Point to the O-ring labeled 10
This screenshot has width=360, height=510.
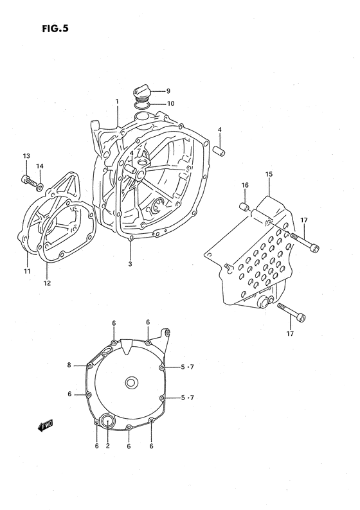coord(143,104)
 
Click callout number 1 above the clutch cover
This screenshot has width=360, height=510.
coord(117,101)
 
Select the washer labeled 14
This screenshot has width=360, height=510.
coord(40,187)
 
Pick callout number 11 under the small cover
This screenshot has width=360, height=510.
coord(28,271)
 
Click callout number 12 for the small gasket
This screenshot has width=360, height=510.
coord(46,283)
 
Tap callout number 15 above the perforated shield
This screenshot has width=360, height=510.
coord(269,174)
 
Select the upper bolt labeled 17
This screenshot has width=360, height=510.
coord(303,242)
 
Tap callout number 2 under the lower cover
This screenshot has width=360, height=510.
coord(107,446)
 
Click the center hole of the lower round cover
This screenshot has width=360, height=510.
coord(131,383)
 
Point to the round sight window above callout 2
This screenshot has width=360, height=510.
coord(106,422)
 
